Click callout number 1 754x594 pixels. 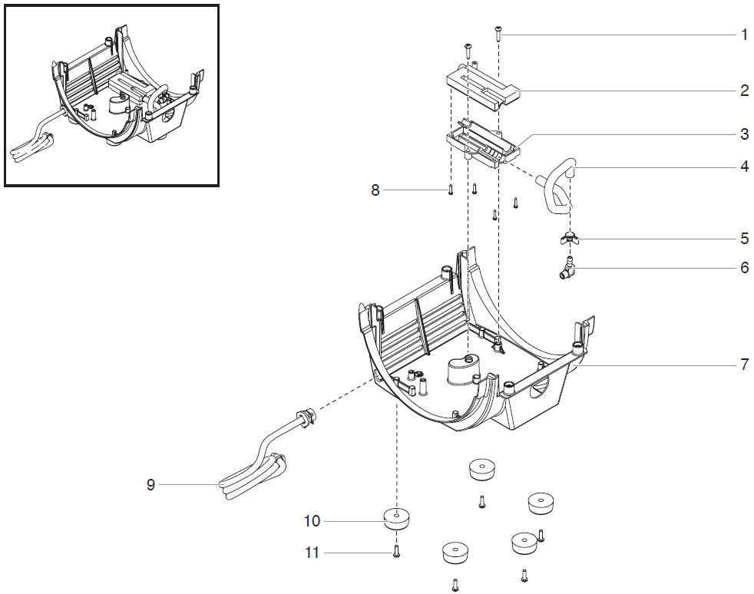(x=744, y=35)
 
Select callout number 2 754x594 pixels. (x=744, y=91)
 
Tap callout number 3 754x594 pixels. (x=744, y=134)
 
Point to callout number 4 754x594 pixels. (x=744, y=166)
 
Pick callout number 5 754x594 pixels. (x=744, y=239)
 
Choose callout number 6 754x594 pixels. (x=744, y=268)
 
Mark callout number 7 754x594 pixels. (x=744, y=365)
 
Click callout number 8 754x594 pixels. (x=375, y=190)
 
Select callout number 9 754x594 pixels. (x=151, y=485)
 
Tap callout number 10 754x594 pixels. (x=312, y=522)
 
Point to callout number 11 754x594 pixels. (x=312, y=553)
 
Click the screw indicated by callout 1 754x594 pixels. (x=499, y=31)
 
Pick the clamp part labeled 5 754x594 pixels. (x=569, y=239)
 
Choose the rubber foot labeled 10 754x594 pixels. (x=396, y=520)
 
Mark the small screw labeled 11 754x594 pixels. (x=396, y=551)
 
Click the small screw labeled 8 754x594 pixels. (x=451, y=190)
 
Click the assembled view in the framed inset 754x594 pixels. (x=112, y=95)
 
